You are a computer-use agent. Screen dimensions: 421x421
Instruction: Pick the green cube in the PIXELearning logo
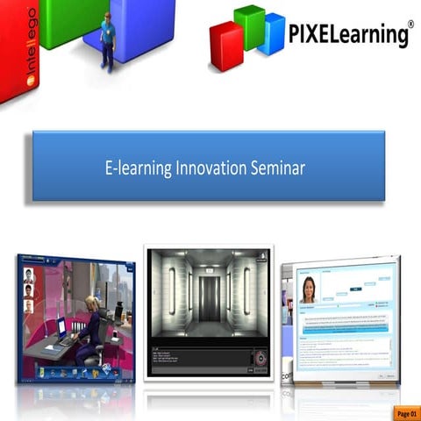250,26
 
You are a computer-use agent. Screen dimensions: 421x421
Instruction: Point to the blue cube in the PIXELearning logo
273,35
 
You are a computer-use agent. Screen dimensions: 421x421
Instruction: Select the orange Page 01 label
407,410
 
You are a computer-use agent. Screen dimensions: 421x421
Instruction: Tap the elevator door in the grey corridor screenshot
209,299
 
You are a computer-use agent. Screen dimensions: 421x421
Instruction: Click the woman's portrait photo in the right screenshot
308,289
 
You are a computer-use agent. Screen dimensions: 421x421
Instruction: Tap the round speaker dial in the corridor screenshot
259,360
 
